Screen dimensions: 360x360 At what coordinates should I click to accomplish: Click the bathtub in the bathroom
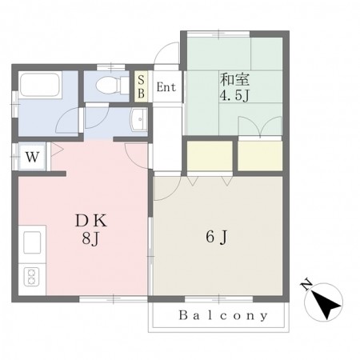(x=41, y=85)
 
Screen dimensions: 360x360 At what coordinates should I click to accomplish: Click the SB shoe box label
(x=141, y=86)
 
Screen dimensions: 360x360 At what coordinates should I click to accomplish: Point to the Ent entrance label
(x=166, y=87)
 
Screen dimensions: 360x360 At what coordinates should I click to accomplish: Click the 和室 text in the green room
(x=234, y=79)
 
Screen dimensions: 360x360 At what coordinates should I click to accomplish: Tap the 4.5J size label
(x=234, y=96)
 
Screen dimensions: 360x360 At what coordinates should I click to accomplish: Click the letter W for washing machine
(x=33, y=157)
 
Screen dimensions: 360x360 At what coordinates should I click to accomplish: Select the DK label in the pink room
(x=91, y=221)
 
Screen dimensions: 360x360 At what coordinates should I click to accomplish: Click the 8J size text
(x=90, y=238)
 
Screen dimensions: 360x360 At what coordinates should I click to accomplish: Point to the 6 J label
(x=217, y=237)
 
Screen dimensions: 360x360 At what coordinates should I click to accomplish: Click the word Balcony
(x=223, y=315)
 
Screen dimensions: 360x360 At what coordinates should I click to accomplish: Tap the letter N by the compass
(x=306, y=285)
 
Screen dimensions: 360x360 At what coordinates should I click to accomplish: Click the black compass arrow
(x=326, y=305)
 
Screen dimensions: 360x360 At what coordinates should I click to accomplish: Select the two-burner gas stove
(x=31, y=277)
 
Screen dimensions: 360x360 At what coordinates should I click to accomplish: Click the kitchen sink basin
(x=32, y=242)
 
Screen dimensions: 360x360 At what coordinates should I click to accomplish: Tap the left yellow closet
(x=210, y=156)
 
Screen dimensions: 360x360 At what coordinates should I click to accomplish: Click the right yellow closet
(x=260, y=156)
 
